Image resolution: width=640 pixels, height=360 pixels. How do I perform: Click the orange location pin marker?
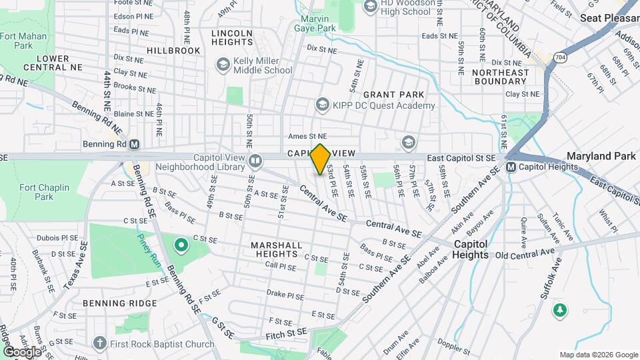pyautogui.click(x=320, y=159)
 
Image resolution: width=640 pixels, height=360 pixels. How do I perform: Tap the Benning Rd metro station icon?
pyautogui.click(x=134, y=144)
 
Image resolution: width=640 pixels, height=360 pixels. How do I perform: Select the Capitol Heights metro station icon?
pyautogui.click(x=511, y=167)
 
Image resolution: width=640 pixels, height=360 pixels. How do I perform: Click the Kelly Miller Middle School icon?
pyautogui.click(x=222, y=64)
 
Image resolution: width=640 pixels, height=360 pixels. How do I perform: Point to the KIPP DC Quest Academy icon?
pyautogui.click(x=323, y=105)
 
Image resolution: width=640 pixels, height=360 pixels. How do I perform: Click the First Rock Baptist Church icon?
pyautogui.click(x=100, y=343)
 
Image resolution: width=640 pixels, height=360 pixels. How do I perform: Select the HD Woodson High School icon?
pyautogui.click(x=371, y=6)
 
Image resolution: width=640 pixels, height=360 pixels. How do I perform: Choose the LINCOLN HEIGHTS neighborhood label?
pyautogui.click(x=232, y=38)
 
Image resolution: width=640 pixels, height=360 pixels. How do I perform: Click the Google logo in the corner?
pyautogui.click(x=21, y=351)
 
